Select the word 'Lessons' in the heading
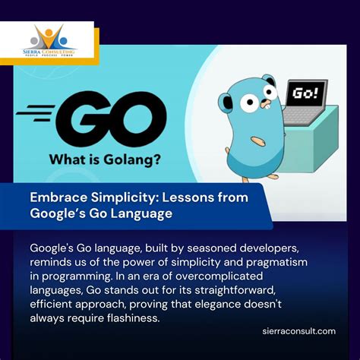[193, 197]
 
